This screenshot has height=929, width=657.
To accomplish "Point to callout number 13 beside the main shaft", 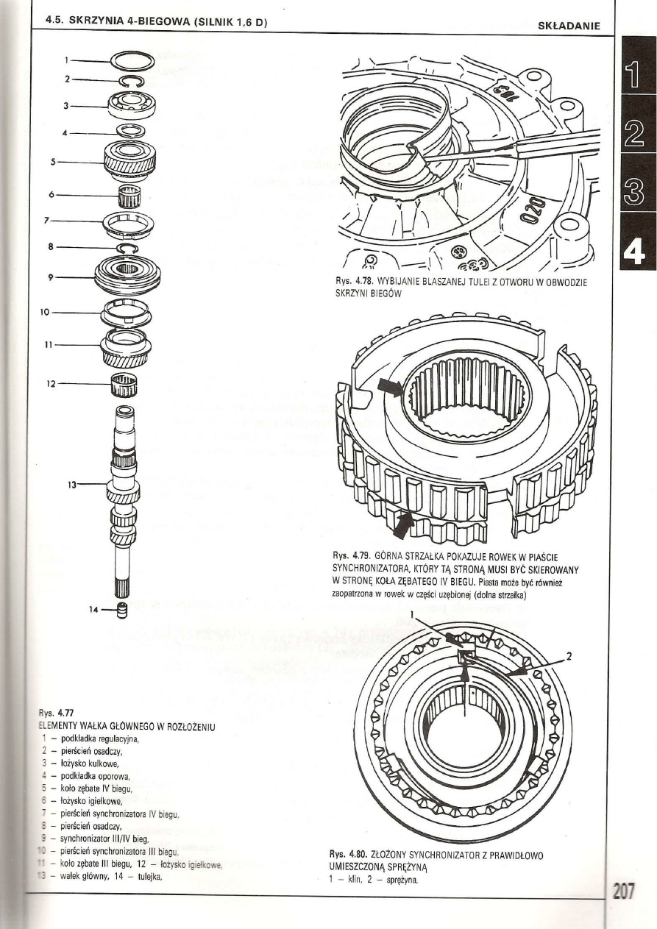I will point(73,484).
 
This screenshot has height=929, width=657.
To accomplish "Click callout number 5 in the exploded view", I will point(52,161).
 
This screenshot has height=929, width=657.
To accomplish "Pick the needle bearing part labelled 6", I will point(129,196).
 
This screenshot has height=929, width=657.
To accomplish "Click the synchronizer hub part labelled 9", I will point(128,277).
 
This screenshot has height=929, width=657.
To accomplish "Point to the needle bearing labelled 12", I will point(123,384).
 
